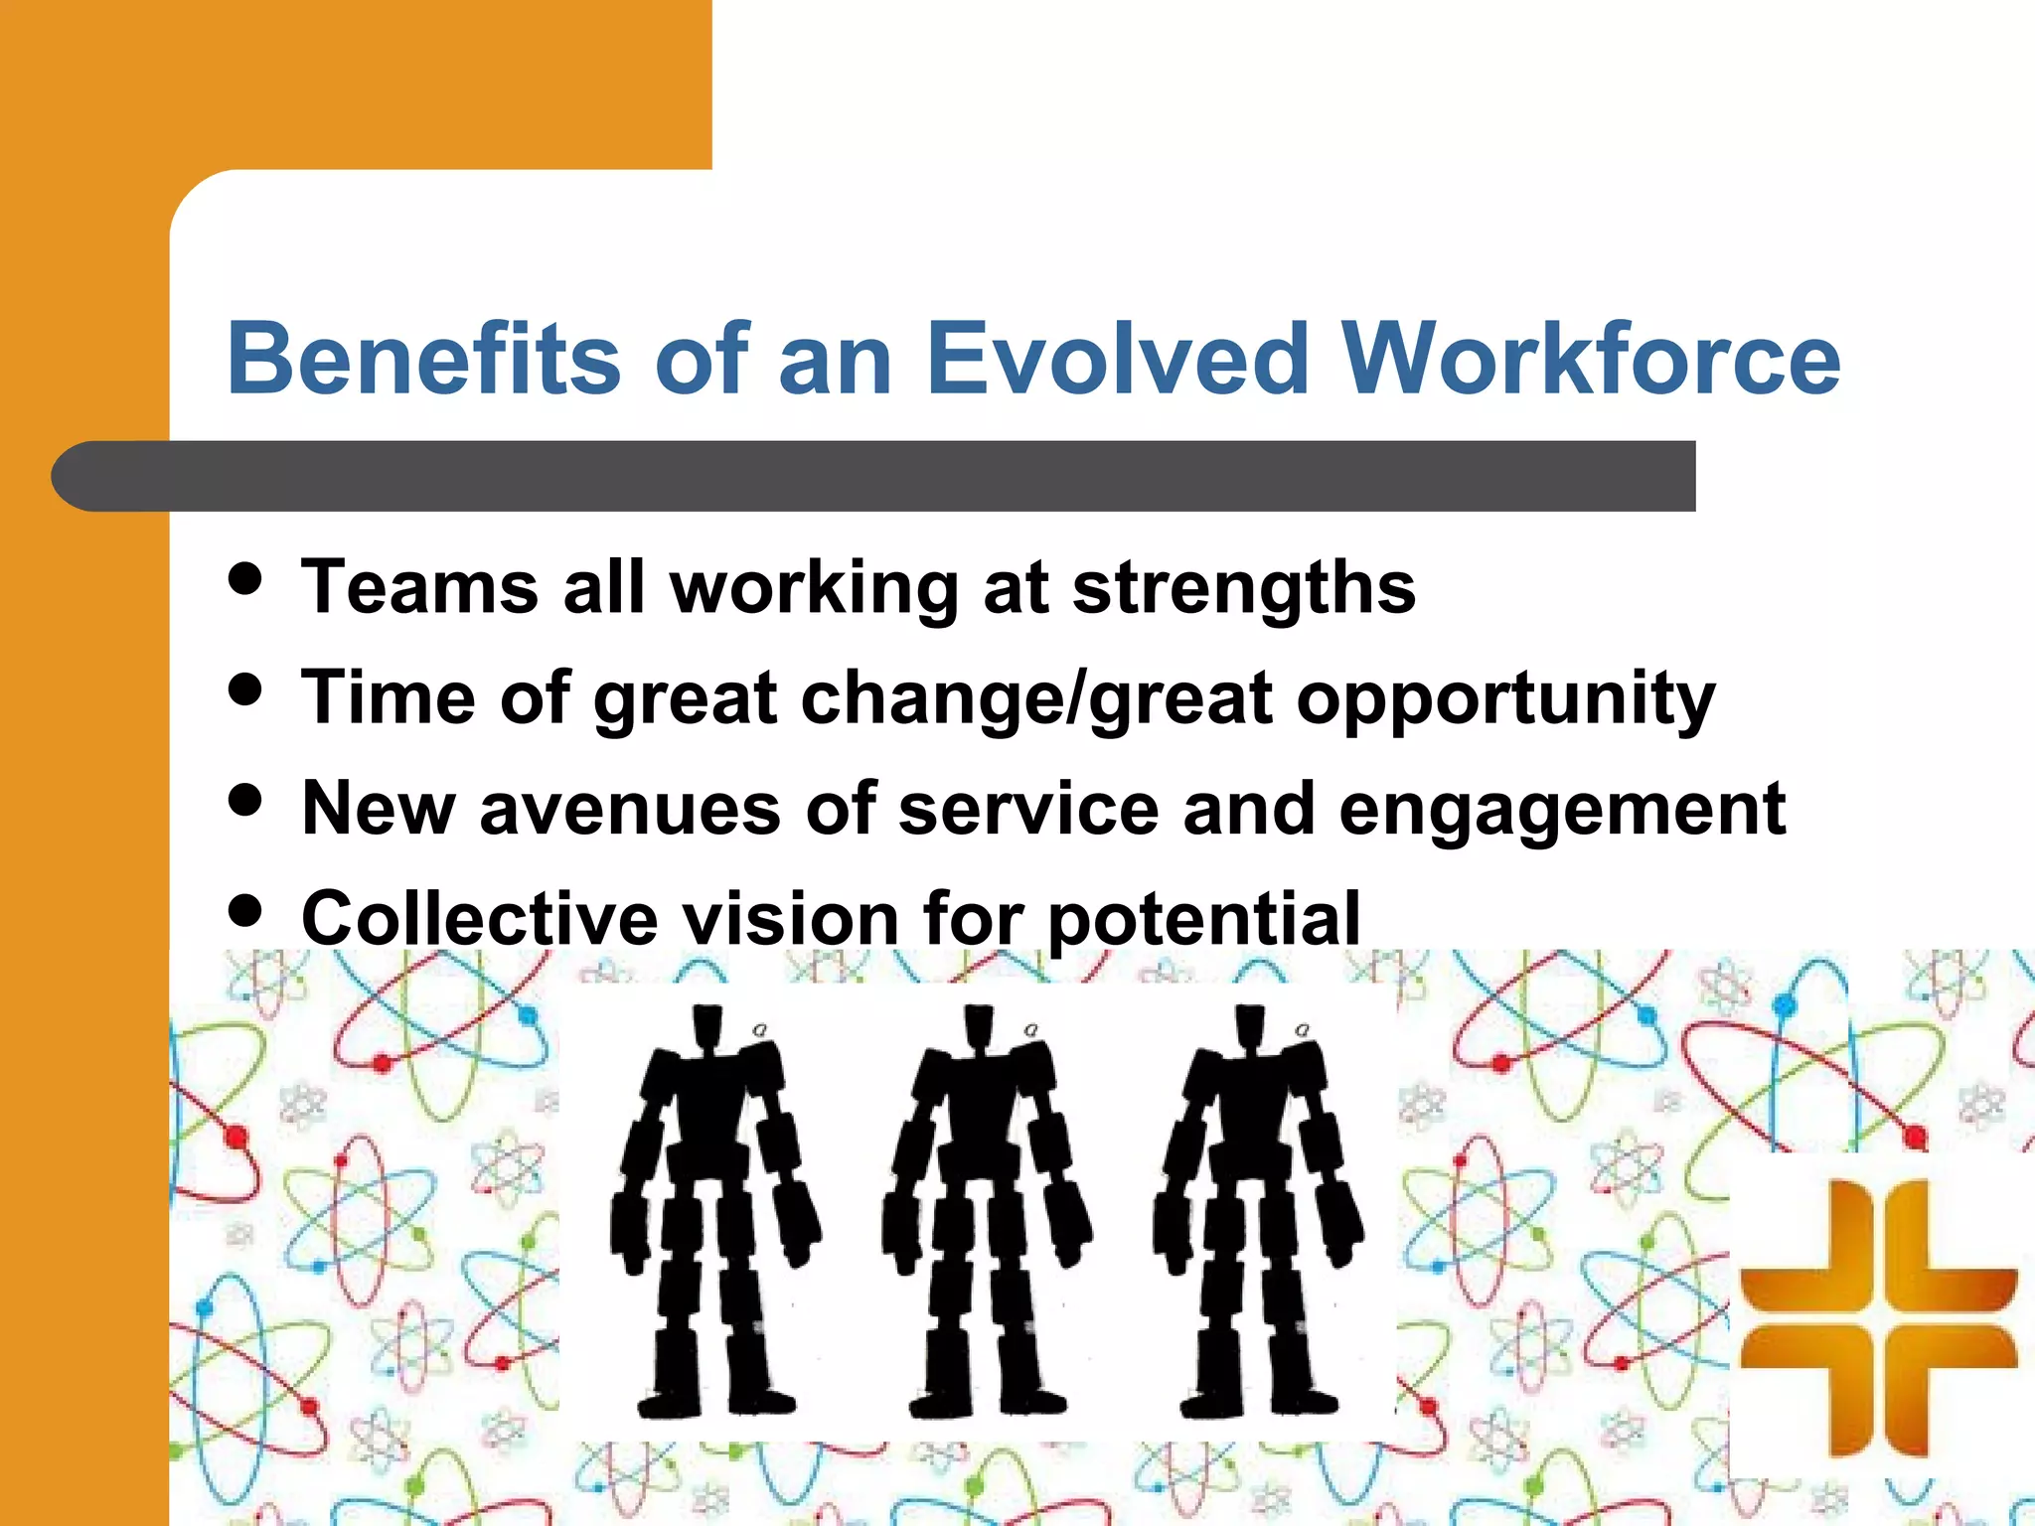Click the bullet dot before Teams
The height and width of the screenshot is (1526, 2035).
[x=244, y=578]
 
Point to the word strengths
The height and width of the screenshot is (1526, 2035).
[x=1243, y=588]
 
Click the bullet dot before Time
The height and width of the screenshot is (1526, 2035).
[x=244, y=688]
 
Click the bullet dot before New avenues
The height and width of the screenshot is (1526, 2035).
[x=244, y=799]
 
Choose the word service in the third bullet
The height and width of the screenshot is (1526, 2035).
[x=1028, y=810]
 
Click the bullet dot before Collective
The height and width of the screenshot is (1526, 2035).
[x=244, y=909]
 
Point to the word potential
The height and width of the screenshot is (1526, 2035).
[x=1203, y=919]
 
